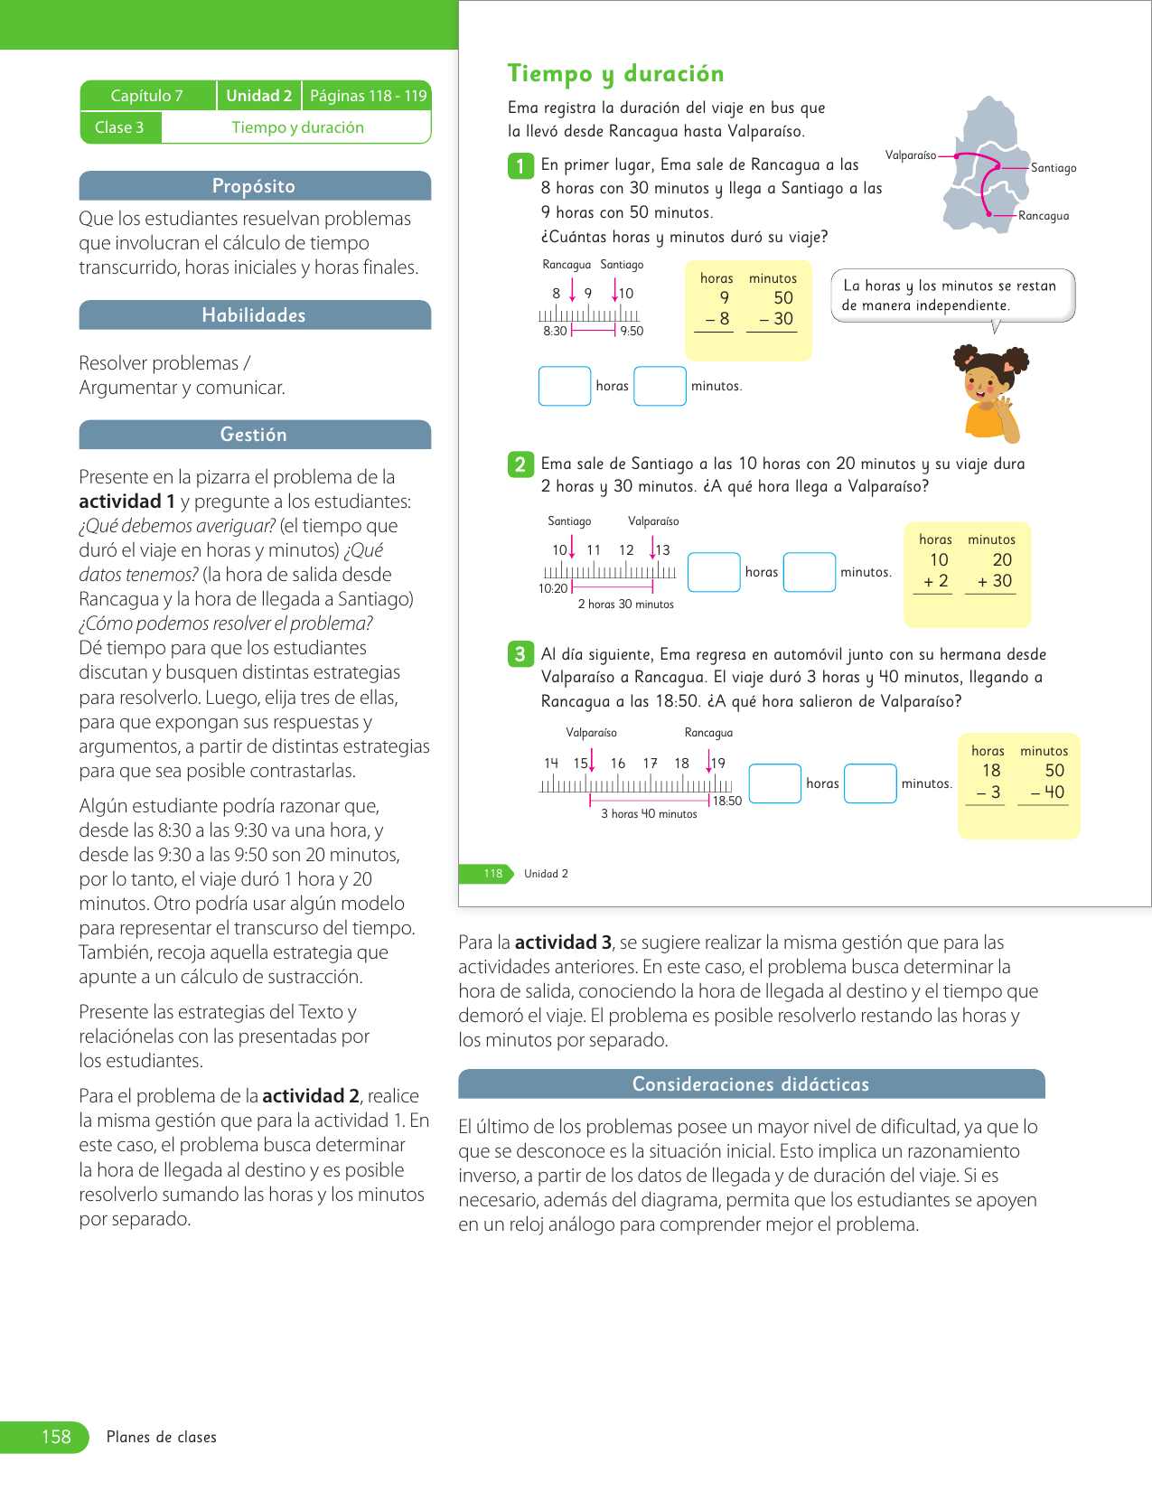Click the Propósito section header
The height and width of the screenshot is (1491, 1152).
(254, 186)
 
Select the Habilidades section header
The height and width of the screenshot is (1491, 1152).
(254, 315)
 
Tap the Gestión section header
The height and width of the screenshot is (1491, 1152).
(254, 435)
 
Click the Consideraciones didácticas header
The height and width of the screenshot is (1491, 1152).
(751, 1084)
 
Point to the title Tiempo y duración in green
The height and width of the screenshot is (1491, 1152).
(615, 73)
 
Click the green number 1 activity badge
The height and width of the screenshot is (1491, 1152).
(520, 166)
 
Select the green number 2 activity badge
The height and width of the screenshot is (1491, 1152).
(520, 464)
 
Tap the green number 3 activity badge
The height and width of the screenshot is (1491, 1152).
(520, 654)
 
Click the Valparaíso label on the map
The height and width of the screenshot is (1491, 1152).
(910, 155)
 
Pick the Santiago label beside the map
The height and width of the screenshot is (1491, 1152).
(1054, 168)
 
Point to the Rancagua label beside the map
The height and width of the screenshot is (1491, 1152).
(1044, 216)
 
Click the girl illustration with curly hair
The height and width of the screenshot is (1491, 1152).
(991, 393)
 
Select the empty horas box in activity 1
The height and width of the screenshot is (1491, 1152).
(565, 386)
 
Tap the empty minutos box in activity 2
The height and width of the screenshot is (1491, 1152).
(810, 572)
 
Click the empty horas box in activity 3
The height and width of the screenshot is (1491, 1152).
(775, 783)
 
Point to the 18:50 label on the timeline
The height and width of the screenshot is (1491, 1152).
(727, 801)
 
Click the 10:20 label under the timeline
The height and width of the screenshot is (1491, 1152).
(553, 588)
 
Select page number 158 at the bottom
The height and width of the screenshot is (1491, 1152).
(56, 1437)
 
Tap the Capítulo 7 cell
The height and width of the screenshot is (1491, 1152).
(147, 96)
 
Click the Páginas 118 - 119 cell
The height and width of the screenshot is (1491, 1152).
(368, 96)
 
